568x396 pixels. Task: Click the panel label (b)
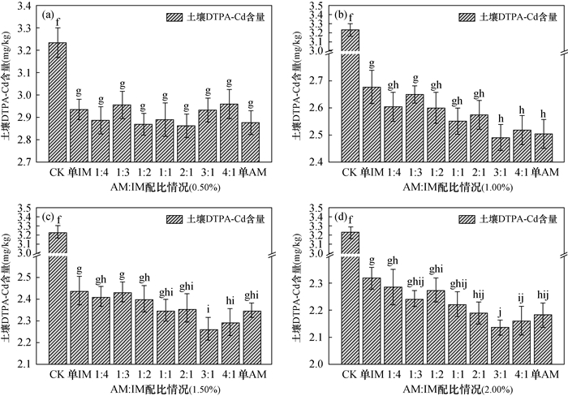click(x=342, y=14)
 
